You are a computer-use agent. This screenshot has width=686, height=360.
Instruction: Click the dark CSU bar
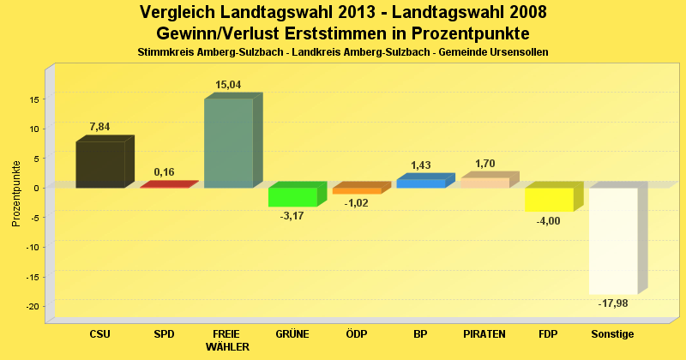click(x=99, y=165)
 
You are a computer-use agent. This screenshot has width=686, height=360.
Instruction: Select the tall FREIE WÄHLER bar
click(x=228, y=143)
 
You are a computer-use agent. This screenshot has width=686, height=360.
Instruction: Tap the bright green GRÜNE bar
click(x=292, y=197)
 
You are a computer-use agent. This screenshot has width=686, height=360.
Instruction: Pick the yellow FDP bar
click(x=549, y=200)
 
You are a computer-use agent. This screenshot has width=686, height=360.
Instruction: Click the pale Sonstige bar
click(x=613, y=241)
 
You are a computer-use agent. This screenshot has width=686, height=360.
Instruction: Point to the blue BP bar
click(x=420, y=183)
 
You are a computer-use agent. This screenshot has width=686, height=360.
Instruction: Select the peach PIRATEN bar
click(x=484, y=182)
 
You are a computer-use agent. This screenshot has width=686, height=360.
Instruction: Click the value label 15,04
click(x=228, y=85)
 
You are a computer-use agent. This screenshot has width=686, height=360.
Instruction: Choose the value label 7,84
click(x=99, y=127)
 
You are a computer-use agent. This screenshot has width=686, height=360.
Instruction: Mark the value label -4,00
click(x=549, y=221)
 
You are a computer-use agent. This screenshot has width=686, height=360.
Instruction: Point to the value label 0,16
click(x=164, y=172)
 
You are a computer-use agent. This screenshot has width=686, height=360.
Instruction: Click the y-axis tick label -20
click(x=33, y=306)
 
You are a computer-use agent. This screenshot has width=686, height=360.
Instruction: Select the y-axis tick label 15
click(x=34, y=99)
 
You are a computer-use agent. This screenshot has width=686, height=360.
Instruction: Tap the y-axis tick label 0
click(x=37, y=188)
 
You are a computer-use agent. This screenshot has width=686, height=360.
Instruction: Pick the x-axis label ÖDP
click(x=356, y=333)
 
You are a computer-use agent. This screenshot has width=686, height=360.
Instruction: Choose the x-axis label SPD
click(x=164, y=333)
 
